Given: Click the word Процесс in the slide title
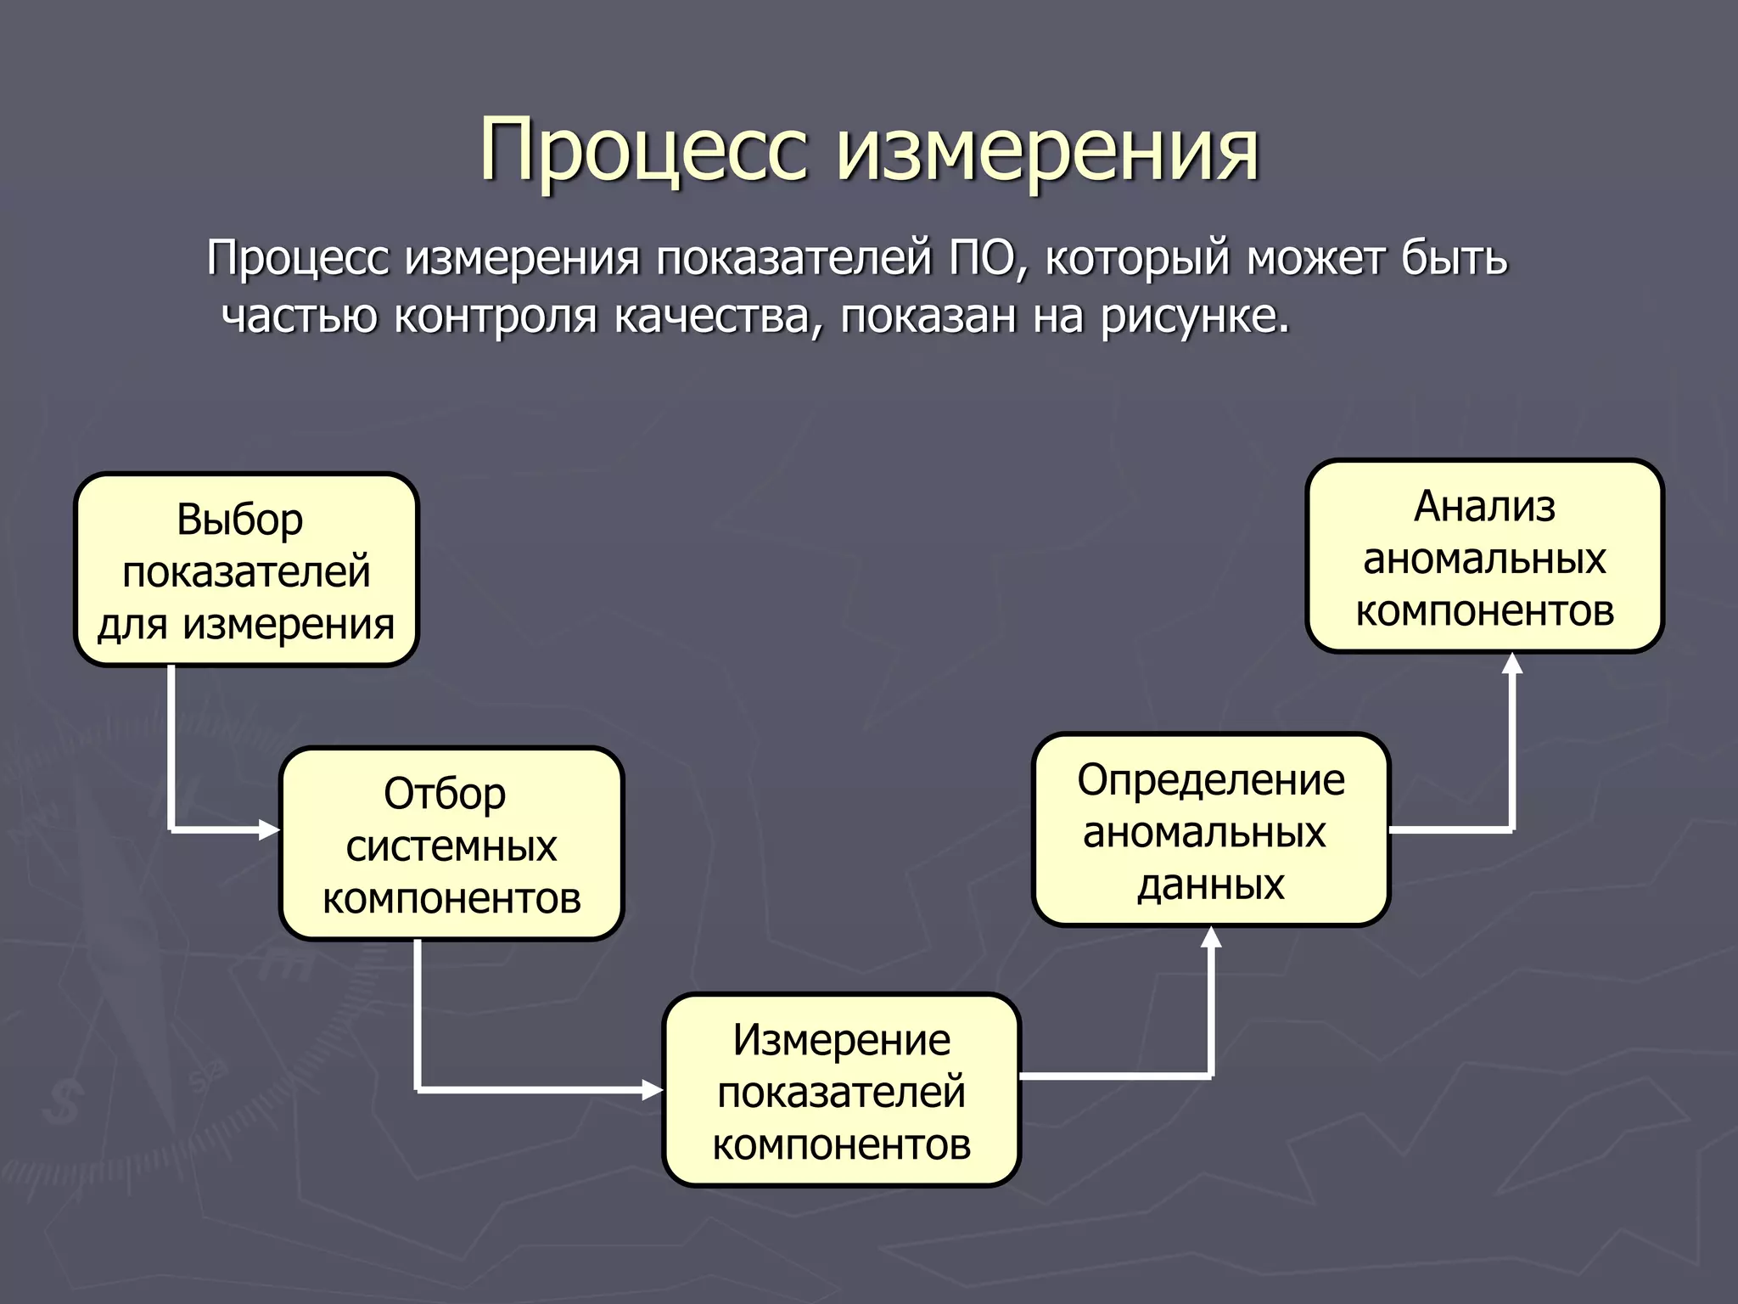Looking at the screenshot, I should coord(642,151).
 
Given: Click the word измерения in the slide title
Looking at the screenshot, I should coord(1049,151).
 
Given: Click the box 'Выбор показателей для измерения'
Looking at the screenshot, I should coord(246,570).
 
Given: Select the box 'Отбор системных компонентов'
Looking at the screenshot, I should coord(451,844).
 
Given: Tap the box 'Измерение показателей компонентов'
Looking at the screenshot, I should coord(841,1090).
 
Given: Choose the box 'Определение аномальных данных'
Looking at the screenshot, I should coord(1211,830).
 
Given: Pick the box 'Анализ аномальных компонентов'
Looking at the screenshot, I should coord(1484,557).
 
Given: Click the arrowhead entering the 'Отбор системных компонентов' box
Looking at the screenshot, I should coord(270,829).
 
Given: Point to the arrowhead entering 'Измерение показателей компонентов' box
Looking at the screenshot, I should coord(653,1089).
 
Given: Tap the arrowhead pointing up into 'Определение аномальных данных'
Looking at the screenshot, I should coord(1212,937).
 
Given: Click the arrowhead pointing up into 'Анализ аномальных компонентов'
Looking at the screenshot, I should coord(1512,663).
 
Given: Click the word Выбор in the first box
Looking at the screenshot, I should coord(239,519).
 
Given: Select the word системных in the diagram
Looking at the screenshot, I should coord(451,846).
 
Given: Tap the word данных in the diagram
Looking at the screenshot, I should coord(1211,884).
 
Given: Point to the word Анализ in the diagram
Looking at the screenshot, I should coord(1484,506).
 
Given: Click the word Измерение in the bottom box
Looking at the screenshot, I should coord(841,1039).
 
